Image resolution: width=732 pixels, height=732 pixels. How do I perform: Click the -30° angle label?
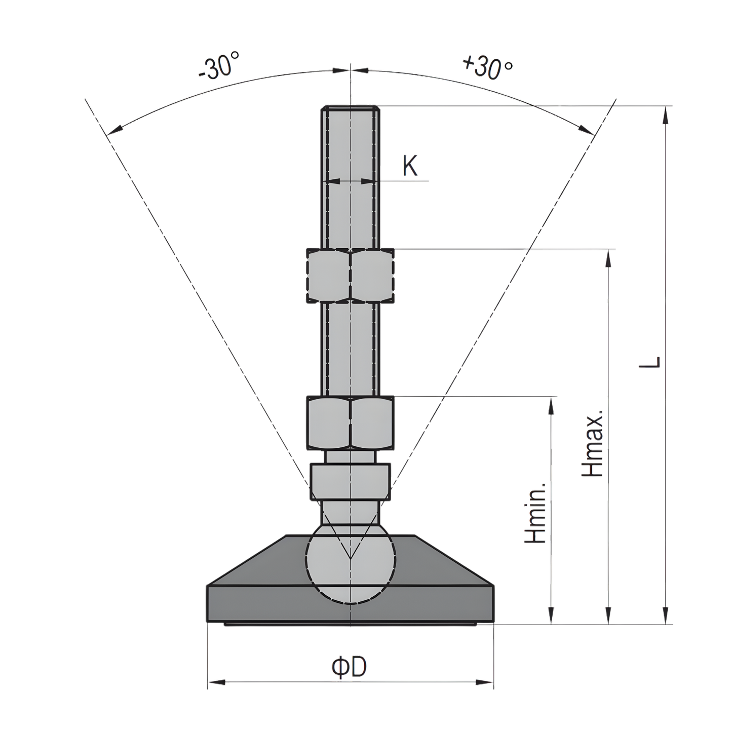tap(219, 66)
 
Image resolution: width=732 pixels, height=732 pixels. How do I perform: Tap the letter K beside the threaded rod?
tap(410, 166)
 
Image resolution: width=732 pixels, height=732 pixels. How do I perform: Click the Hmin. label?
tap(536, 513)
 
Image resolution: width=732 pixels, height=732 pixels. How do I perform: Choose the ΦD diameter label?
tap(350, 667)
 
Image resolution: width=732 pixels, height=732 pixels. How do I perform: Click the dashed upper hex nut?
tap(350, 276)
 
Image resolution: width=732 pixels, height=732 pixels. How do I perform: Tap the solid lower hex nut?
tap(350, 423)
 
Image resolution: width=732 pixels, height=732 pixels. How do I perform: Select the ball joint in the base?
tap(350, 562)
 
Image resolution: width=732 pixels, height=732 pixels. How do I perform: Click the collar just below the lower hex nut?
tap(350, 481)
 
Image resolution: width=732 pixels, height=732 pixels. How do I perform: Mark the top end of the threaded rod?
tap(350, 107)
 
